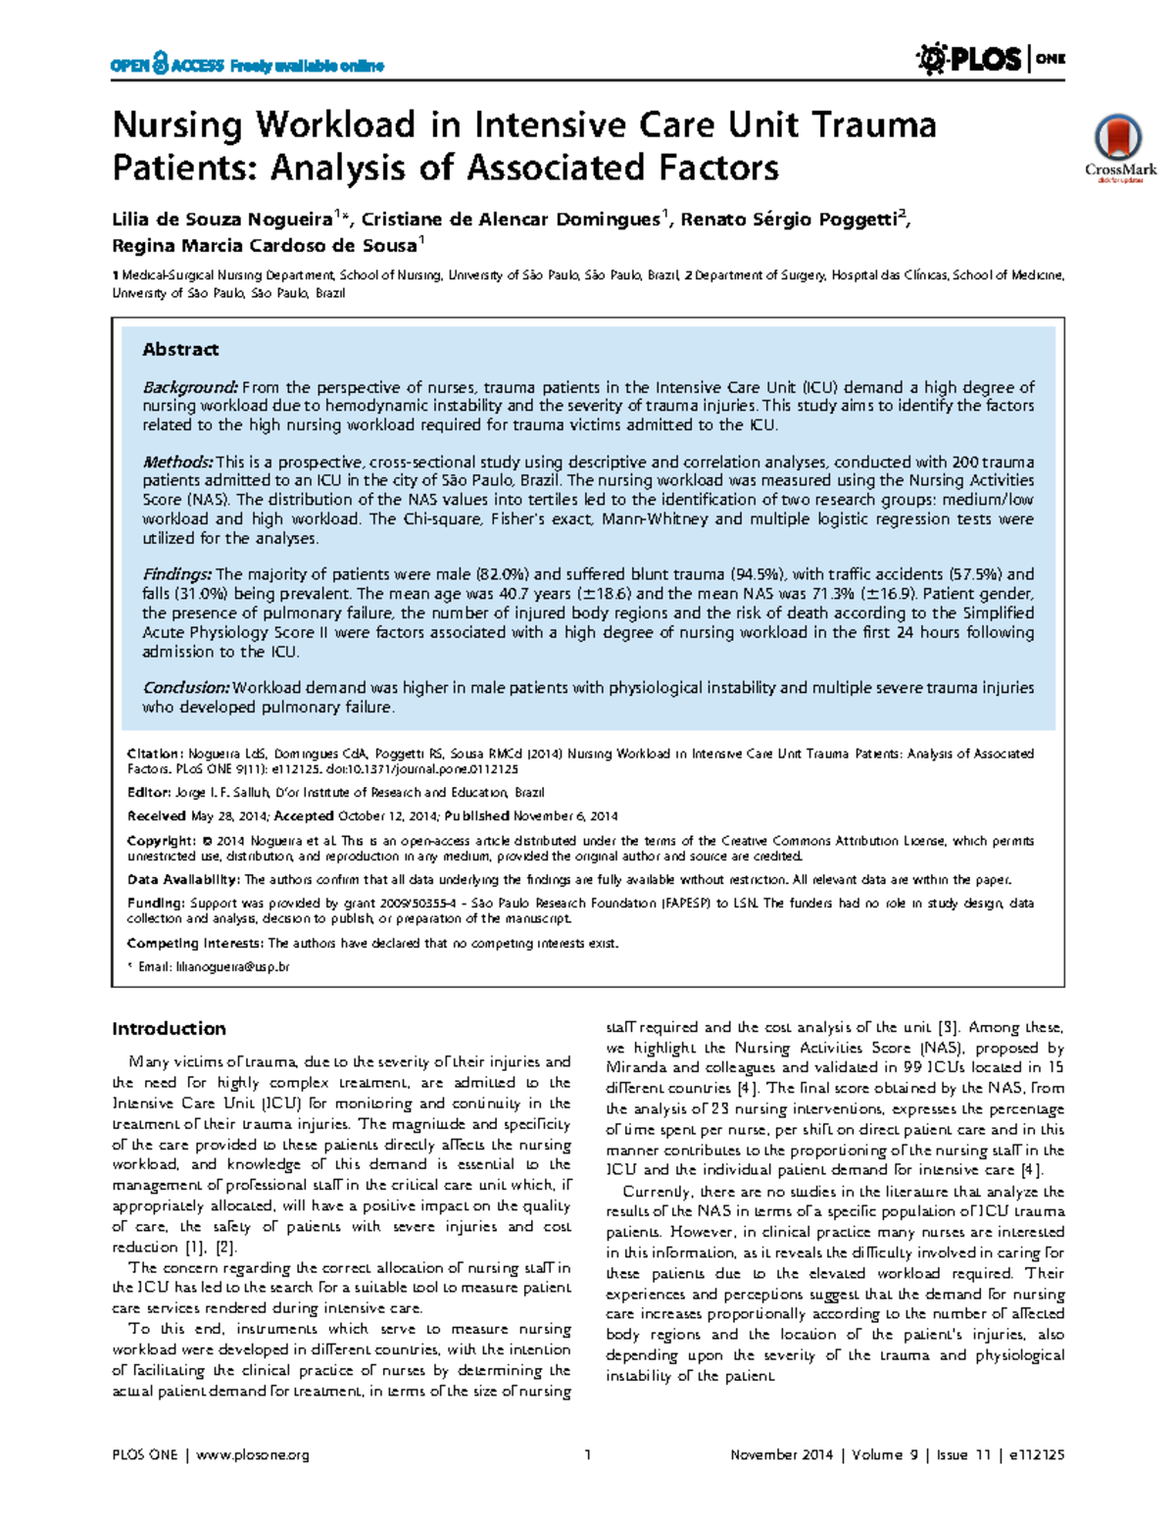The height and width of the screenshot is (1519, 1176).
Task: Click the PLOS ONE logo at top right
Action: point(990,60)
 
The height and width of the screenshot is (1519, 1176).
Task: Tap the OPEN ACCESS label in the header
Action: point(167,66)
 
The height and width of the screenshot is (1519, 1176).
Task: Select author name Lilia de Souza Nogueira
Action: point(222,220)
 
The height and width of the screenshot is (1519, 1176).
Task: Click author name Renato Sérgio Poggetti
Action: point(789,220)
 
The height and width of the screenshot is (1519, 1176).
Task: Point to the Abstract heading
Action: point(180,350)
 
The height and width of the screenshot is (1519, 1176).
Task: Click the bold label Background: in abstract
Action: point(191,387)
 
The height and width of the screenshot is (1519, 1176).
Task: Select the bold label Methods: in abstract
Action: point(177,462)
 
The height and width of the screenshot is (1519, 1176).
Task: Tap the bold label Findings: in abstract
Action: point(176,574)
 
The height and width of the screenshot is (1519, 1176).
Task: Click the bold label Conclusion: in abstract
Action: point(186,688)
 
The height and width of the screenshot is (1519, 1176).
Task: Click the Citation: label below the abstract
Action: point(155,754)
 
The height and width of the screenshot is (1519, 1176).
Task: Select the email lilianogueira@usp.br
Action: point(232,967)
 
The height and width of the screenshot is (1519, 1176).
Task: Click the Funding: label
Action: point(156,904)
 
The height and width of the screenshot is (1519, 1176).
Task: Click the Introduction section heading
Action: point(169,1028)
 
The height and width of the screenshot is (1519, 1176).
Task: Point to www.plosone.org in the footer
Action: point(253,1455)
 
